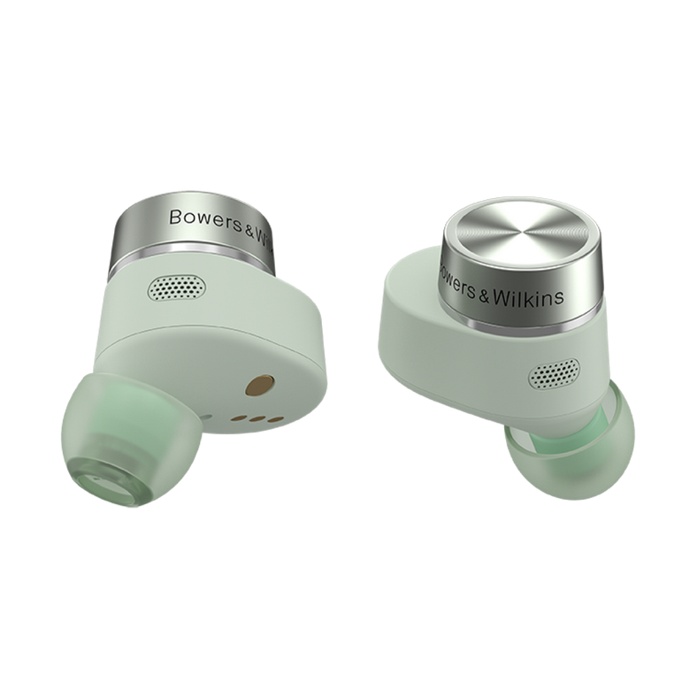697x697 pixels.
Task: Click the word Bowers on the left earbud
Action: click(205, 219)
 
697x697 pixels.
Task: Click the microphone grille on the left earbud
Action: click(177, 287)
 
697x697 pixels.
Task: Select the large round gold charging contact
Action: click(259, 385)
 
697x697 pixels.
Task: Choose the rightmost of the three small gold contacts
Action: click(276, 419)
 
